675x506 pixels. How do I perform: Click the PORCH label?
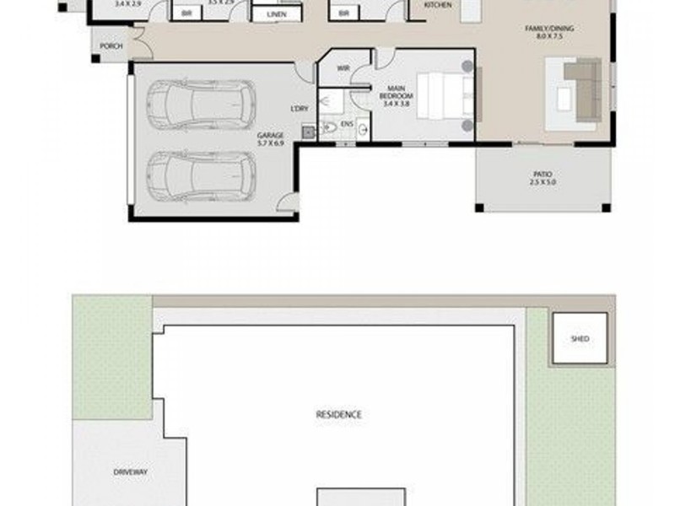coord(110,46)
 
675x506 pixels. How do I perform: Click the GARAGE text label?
coord(270,135)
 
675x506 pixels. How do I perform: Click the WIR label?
coord(343,68)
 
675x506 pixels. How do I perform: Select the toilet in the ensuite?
coord(328,129)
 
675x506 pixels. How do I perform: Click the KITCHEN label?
coord(437,5)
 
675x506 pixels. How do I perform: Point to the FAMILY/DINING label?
coord(549,29)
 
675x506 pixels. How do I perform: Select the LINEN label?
coord(275,15)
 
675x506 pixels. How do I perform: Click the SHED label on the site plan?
coord(580,339)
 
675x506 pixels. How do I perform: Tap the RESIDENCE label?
coord(338,414)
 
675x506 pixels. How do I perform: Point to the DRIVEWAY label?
coord(130,472)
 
